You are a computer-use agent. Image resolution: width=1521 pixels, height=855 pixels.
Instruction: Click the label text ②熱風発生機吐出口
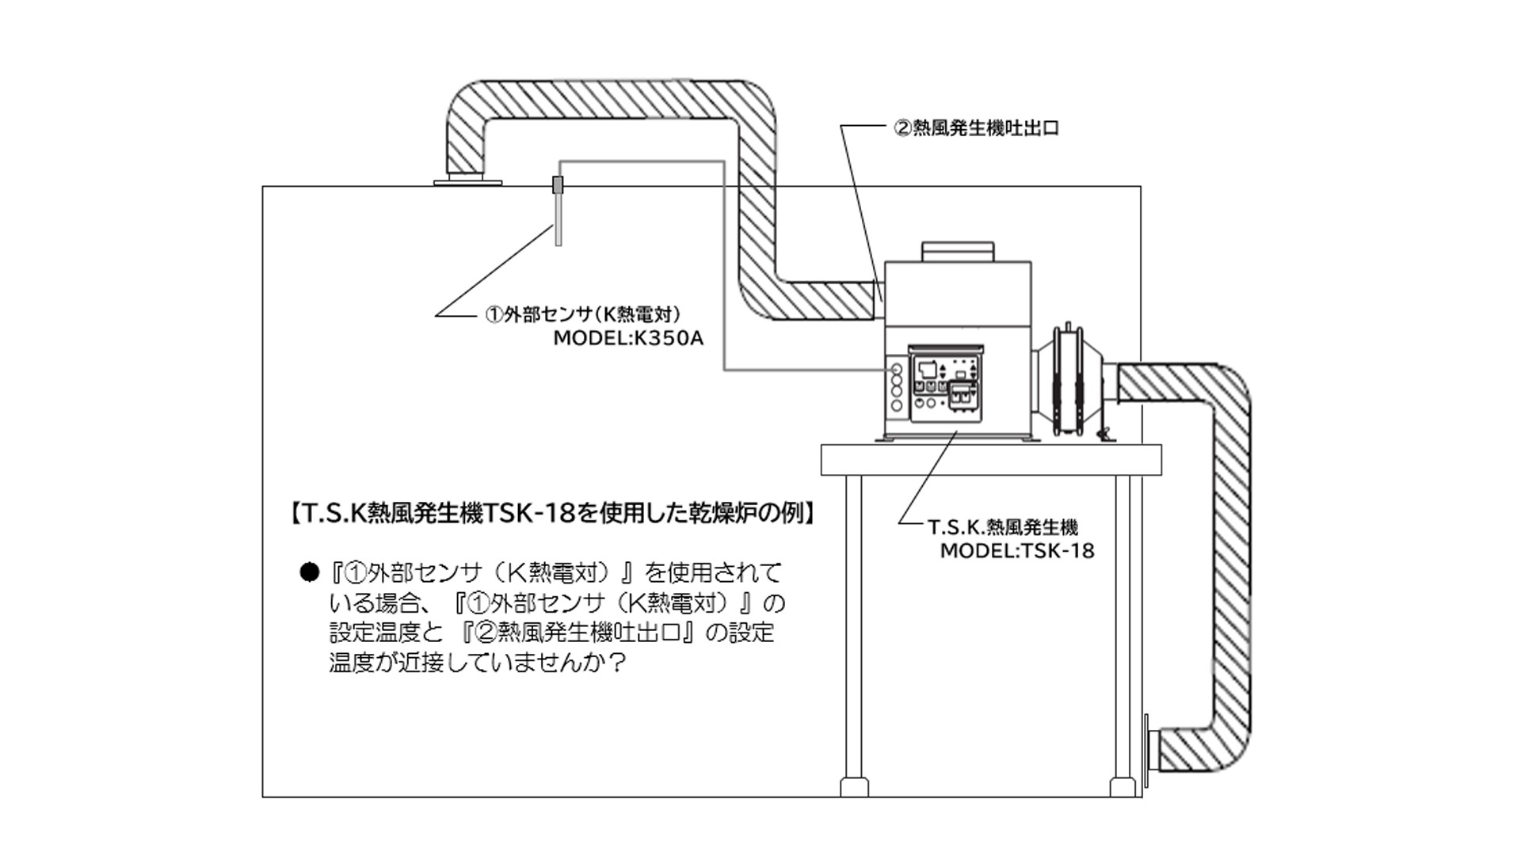[976, 128]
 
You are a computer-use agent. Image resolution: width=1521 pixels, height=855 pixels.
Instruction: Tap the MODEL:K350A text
[628, 339]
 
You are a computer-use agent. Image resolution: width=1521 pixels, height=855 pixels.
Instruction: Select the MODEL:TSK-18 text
[1016, 551]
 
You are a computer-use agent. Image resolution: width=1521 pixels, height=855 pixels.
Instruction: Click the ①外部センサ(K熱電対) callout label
[582, 315]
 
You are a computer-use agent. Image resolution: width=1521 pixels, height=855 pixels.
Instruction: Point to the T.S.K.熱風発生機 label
[1002, 527]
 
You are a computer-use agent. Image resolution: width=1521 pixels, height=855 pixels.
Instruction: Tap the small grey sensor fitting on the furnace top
[558, 185]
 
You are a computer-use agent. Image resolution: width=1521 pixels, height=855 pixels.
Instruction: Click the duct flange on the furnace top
[468, 183]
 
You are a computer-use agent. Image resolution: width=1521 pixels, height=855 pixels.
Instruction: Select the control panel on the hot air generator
[944, 385]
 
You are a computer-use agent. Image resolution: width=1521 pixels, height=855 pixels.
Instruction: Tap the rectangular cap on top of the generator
[957, 251]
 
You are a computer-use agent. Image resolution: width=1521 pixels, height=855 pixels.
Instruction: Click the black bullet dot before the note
[309, 572]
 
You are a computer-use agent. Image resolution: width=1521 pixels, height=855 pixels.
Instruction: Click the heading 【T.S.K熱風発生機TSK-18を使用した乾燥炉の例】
[549, 514]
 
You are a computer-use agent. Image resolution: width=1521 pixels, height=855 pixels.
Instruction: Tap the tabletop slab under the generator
[991, 459]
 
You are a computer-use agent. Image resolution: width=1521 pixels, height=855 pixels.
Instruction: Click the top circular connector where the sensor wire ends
[897, 370]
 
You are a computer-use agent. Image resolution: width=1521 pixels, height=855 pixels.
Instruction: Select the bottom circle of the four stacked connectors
[897, 405]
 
